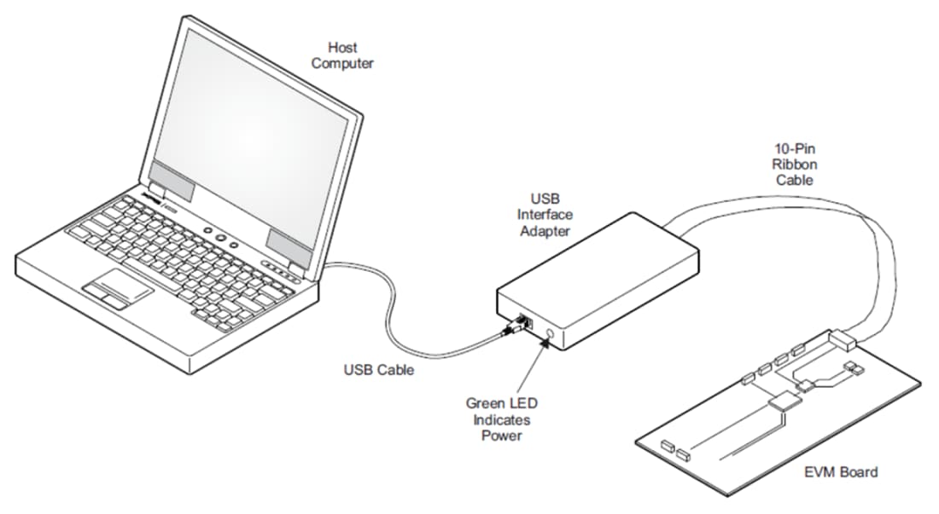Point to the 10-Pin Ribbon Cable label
[x=794, y=165]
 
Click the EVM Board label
[x=841, y=471]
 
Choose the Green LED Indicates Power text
[x=501, y=419]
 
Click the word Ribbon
[x=794, y=165]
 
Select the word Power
[x=501, y=436]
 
